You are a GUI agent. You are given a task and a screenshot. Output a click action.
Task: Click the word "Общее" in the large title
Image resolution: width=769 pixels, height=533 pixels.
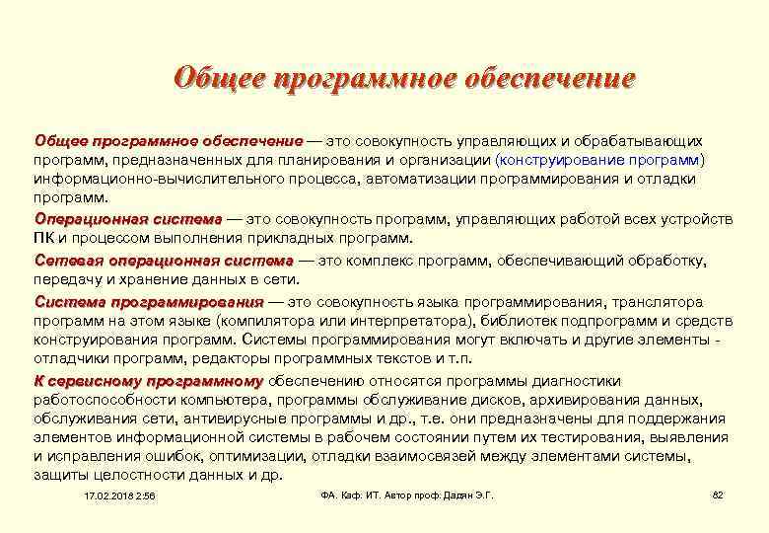pyautogui.click(x=214, y=78)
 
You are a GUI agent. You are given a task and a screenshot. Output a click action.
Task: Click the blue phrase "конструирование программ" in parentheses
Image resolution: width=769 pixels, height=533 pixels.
pyautogui.click(x=602, y=159)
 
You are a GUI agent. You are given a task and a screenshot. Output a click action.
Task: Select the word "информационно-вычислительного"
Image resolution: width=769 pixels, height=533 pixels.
pyautogui.click(x=142, y=179)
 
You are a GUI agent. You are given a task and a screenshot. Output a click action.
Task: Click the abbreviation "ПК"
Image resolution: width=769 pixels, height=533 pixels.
pyautogui.click(x=43, y=238)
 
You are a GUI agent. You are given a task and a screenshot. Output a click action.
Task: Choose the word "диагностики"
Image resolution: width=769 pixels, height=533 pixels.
pyautogui.click(x=577, y=381)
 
